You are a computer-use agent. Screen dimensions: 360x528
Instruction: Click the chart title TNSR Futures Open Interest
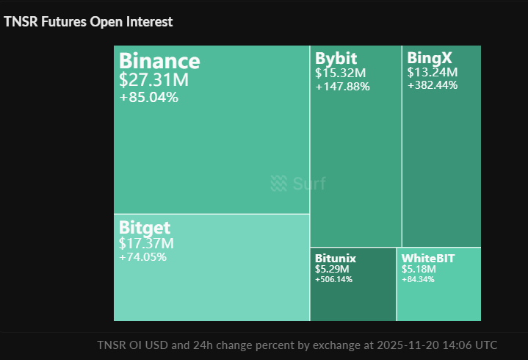[88, 22]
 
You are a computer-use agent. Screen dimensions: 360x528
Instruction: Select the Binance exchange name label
[159, 61]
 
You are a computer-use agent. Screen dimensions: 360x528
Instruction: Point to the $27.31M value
[153, 80]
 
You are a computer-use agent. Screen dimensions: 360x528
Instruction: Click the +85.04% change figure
[148, 97]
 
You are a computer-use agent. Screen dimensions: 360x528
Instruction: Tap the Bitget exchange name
[145, 228]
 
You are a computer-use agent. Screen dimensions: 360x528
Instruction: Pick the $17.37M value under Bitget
[146, 243]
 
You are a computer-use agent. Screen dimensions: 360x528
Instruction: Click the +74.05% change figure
[142, 257]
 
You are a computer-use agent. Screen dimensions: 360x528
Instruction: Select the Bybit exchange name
[336, 59]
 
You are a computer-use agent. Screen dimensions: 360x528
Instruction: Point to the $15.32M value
[341, 73]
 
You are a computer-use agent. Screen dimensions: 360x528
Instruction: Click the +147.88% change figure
[343, 87]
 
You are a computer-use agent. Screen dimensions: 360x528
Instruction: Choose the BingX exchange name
[430, 58]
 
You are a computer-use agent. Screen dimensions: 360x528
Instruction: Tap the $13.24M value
[433, 72]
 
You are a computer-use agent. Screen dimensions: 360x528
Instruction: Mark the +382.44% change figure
[433, 85]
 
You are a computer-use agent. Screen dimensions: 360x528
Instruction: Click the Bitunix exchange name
[336, 259]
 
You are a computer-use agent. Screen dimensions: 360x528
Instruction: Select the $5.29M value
[332, 270]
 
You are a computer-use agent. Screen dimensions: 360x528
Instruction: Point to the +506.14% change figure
[334, 280]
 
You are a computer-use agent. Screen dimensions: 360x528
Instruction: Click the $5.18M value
[419, 270]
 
